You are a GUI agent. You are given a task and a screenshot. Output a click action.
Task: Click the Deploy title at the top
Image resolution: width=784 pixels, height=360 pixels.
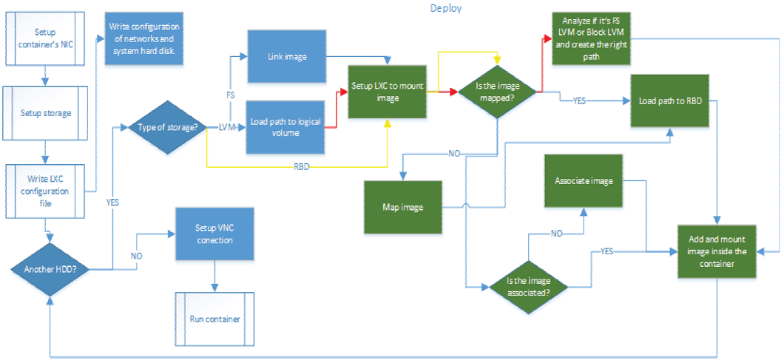(x=447, y=8)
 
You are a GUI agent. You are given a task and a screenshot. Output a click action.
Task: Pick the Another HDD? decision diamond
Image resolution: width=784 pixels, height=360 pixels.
(x=50, y=269)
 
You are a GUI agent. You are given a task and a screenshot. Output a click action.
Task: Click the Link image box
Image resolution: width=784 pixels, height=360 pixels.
(x=285, y=56)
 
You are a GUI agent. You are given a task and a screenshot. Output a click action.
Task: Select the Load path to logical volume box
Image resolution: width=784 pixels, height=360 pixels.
(x=285, y=127)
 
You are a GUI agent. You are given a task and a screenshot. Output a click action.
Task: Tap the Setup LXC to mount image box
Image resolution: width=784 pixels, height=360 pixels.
(x=388, y=92)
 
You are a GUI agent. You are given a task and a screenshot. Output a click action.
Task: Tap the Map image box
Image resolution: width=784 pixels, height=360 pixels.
(x=402, y=207)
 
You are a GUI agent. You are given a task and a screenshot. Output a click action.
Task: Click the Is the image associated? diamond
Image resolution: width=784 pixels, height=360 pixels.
(x=528, y=285)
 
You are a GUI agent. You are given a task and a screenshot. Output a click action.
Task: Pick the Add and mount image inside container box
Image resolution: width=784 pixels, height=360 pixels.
(x=717, y=252)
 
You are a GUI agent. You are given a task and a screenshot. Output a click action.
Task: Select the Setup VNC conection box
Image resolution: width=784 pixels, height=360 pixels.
(x=214, y=234)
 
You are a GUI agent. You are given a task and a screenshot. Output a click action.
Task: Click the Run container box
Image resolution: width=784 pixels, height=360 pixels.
(x=214, y=319)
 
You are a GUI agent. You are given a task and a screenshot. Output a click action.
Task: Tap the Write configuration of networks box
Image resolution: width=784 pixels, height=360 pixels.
(x=144, y=38)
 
